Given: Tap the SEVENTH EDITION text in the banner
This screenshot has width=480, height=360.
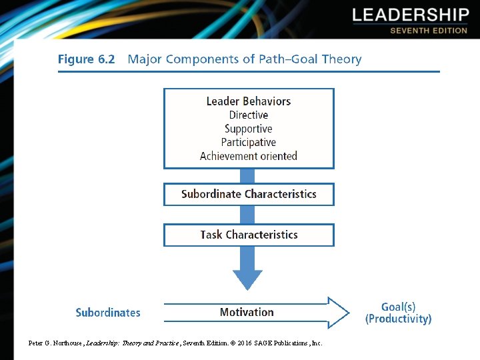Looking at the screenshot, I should pos(429,31).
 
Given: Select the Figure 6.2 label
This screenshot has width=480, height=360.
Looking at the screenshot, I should pos(86,59).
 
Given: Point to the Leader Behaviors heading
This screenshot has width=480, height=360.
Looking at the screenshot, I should pos(249,101).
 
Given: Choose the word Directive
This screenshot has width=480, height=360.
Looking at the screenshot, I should pos(249,115).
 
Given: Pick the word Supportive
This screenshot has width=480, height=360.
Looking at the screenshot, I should pos(249,129).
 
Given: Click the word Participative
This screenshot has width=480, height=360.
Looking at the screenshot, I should pos(249,142).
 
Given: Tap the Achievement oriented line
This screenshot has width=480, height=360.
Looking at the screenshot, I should pos(249,156).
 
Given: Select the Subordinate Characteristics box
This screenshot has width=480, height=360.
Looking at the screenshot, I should pos(249,194).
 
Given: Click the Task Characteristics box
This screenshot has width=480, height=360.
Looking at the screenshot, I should pos(249,235).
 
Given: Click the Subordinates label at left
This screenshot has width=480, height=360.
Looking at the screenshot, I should pos(108,313).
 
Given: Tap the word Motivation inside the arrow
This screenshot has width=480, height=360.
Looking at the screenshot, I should pos(247,312).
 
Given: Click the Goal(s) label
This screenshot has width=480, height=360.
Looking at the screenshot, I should pos(398,307).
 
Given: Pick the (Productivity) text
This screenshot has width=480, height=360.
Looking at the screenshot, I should pos(398,319).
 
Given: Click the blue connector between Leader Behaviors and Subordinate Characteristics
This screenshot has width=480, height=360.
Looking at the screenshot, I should pos(247,176).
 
